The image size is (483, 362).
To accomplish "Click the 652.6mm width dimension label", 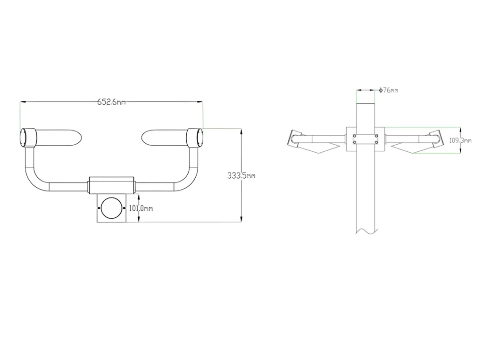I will pyautogui.click(x=111, y=102).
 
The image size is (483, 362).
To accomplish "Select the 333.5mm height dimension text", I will pyautogui.click(x=241, y=175).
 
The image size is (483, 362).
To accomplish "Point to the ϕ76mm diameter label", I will pyautogui.click(x=389, y=90).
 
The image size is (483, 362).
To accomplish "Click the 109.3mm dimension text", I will pyautogui.click(x=460, y=140).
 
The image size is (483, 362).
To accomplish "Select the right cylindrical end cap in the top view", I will pyautogui.click(x=195, y=138).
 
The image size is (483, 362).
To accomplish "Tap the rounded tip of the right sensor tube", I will pyautogui.click(x=144, y=137).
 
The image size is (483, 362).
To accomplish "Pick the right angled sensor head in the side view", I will pyautogui.click(x=437, y=140).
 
